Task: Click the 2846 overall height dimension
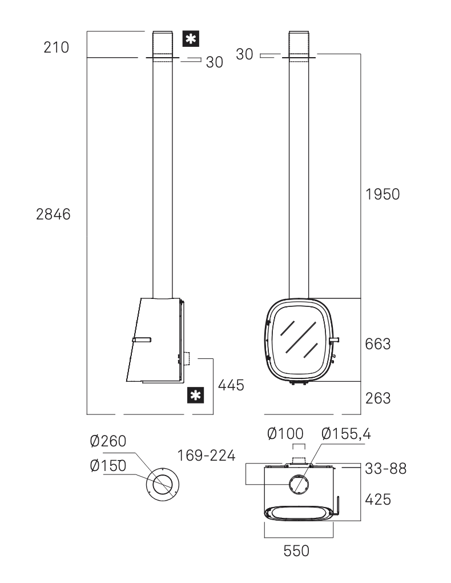[x=53, y=214]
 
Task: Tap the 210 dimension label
[x=56, y=47]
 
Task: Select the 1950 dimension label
[x=382, y=194]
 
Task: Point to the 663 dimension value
[x=378, y=344]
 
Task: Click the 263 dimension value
[x=378, y=398]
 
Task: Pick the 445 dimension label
[x=231, y=385]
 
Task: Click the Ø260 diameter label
[x=108, y=441]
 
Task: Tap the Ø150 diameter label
[x=108, y=465]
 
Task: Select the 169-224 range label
[x=206, y=456]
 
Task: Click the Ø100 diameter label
[x=285, y=433]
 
